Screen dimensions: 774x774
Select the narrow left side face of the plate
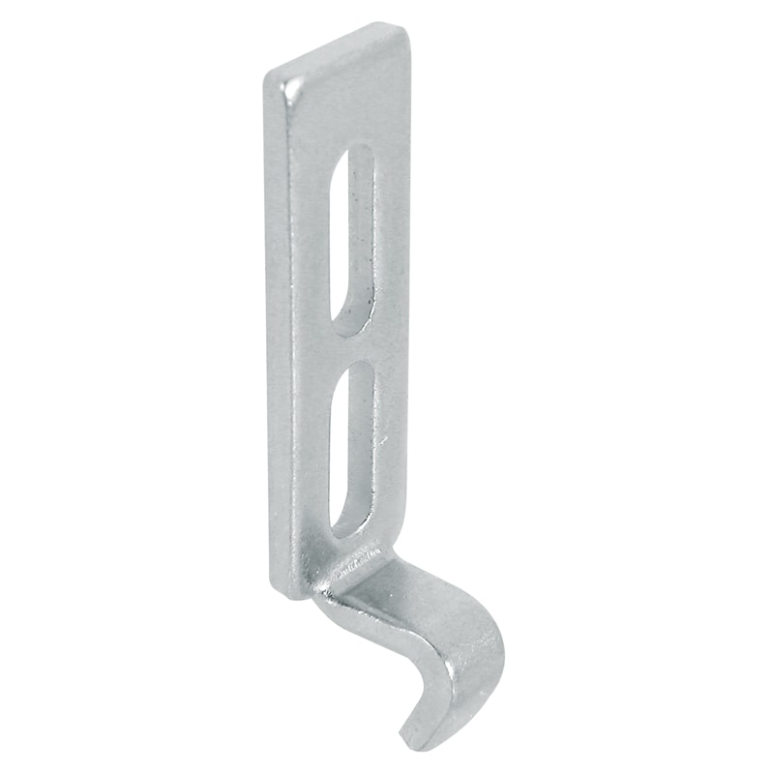coord(281,339)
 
